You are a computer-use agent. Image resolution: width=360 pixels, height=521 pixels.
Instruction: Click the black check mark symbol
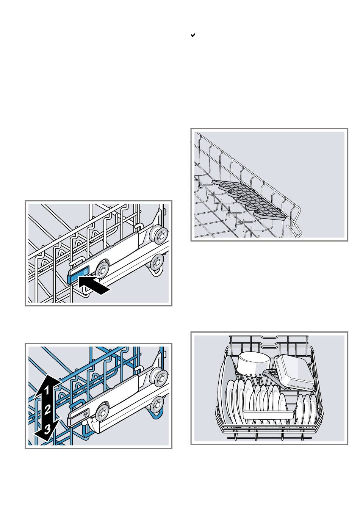(x=193, y=35)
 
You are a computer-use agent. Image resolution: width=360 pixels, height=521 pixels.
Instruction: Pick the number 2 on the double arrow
(x=47, y=410)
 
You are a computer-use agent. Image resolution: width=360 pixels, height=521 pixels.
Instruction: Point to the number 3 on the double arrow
(x=47, y=429)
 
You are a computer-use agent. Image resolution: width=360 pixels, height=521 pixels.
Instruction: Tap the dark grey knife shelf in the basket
(x=249, y=199)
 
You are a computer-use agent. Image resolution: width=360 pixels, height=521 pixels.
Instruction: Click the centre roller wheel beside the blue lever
(x=102, y=269)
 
